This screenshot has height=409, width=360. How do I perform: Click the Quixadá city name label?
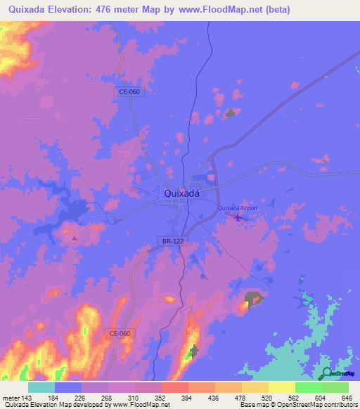pyautogui.click(x=181, y=193)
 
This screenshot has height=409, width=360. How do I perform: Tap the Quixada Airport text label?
pyautogui.click(x=238, y=208)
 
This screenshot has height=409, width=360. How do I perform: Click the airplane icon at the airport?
pyautogui.click(x=237, y=217)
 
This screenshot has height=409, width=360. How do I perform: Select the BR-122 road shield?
pyautogui.click(x=172, y=241)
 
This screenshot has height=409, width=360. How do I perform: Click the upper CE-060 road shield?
pyautogui.click(x=129, y=92)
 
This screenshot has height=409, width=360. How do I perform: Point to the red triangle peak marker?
pyautogui.click(x=75, y=238)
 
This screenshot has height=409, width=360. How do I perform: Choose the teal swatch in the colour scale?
pyautogui.click(x=41, y=387)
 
